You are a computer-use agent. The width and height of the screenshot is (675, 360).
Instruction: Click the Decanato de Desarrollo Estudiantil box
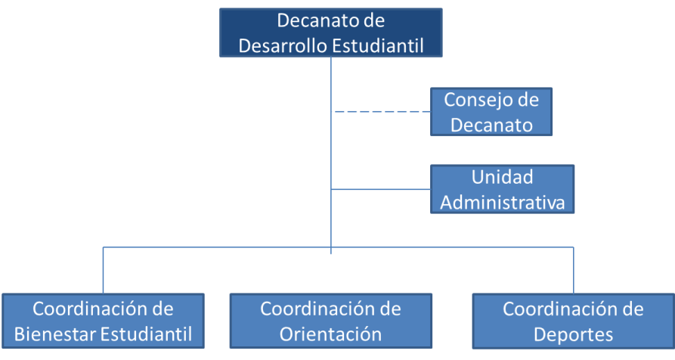tap(330, 33)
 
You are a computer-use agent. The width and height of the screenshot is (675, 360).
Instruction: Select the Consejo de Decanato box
tap(491, 112)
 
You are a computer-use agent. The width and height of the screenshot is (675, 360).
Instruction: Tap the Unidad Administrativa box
tap(503, 189)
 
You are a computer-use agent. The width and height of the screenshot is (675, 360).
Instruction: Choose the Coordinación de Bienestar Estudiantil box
tap(103, 321)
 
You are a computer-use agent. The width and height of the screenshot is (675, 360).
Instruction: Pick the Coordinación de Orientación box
tap(330, 321)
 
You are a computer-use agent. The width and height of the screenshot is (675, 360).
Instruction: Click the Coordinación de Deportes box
tap(574, 321)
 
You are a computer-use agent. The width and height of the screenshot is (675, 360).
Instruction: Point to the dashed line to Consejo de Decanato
tap(382, 111)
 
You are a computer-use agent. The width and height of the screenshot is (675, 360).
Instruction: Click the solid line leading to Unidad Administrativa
tap(380, 189)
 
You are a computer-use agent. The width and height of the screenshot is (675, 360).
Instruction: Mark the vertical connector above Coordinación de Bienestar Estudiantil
tap(103, 271)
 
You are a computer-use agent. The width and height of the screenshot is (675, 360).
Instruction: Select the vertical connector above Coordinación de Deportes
tap(574, 271)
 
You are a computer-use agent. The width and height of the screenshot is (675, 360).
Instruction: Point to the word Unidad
tap(503, 177)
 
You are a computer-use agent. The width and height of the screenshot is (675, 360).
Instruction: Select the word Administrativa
tap(503, 203)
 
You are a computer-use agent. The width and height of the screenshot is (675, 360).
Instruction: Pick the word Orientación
tap(330, 334)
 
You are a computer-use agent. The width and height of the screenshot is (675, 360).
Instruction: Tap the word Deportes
tap(574, 334)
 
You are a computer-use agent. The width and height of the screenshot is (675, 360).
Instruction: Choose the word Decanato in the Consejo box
tap(491, 126)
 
